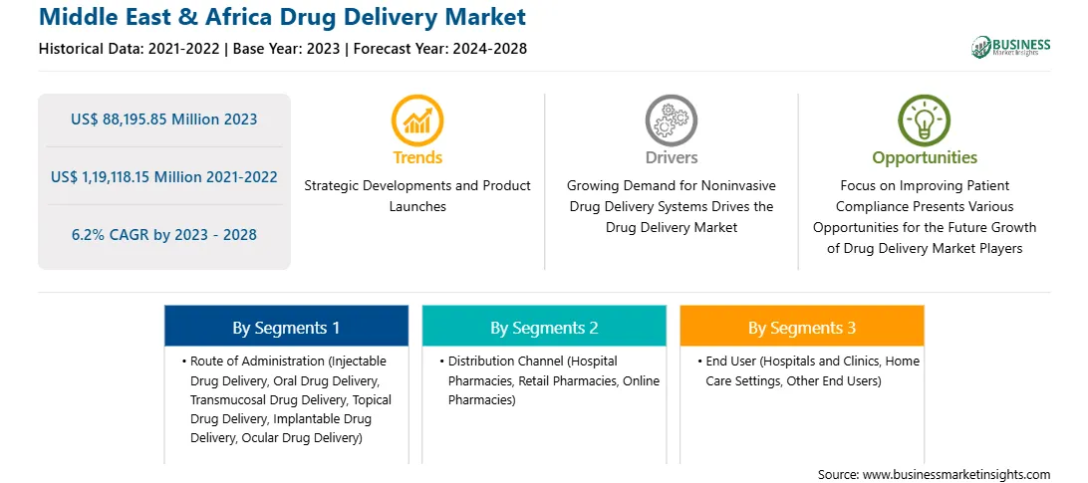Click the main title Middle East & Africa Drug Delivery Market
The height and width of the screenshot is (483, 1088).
(282, 17)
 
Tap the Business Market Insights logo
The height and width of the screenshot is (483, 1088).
(1011, 47)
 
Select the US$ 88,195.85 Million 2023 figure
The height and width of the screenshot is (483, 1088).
(163, 120)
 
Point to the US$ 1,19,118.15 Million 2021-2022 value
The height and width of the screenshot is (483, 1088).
(163, 177)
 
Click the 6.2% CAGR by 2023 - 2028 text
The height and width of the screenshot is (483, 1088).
(163, 235)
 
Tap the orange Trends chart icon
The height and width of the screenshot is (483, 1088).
(417, 121)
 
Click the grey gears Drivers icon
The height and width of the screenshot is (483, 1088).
(671, 121)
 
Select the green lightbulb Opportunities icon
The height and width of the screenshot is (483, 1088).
(925, 121)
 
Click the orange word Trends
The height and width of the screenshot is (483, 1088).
(417, 157)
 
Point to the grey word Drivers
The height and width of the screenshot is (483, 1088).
(672, 157)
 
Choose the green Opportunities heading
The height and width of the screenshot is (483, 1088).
(925, 158)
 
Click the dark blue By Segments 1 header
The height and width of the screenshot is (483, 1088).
(287, 327)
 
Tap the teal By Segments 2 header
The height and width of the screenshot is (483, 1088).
(544, 327)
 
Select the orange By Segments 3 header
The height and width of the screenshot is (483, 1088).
(802, 327)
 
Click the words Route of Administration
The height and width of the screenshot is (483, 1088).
(258, 362)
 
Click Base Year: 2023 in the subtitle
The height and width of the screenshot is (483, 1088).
(287, 49)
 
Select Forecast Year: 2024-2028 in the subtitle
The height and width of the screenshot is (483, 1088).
(438, 49)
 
